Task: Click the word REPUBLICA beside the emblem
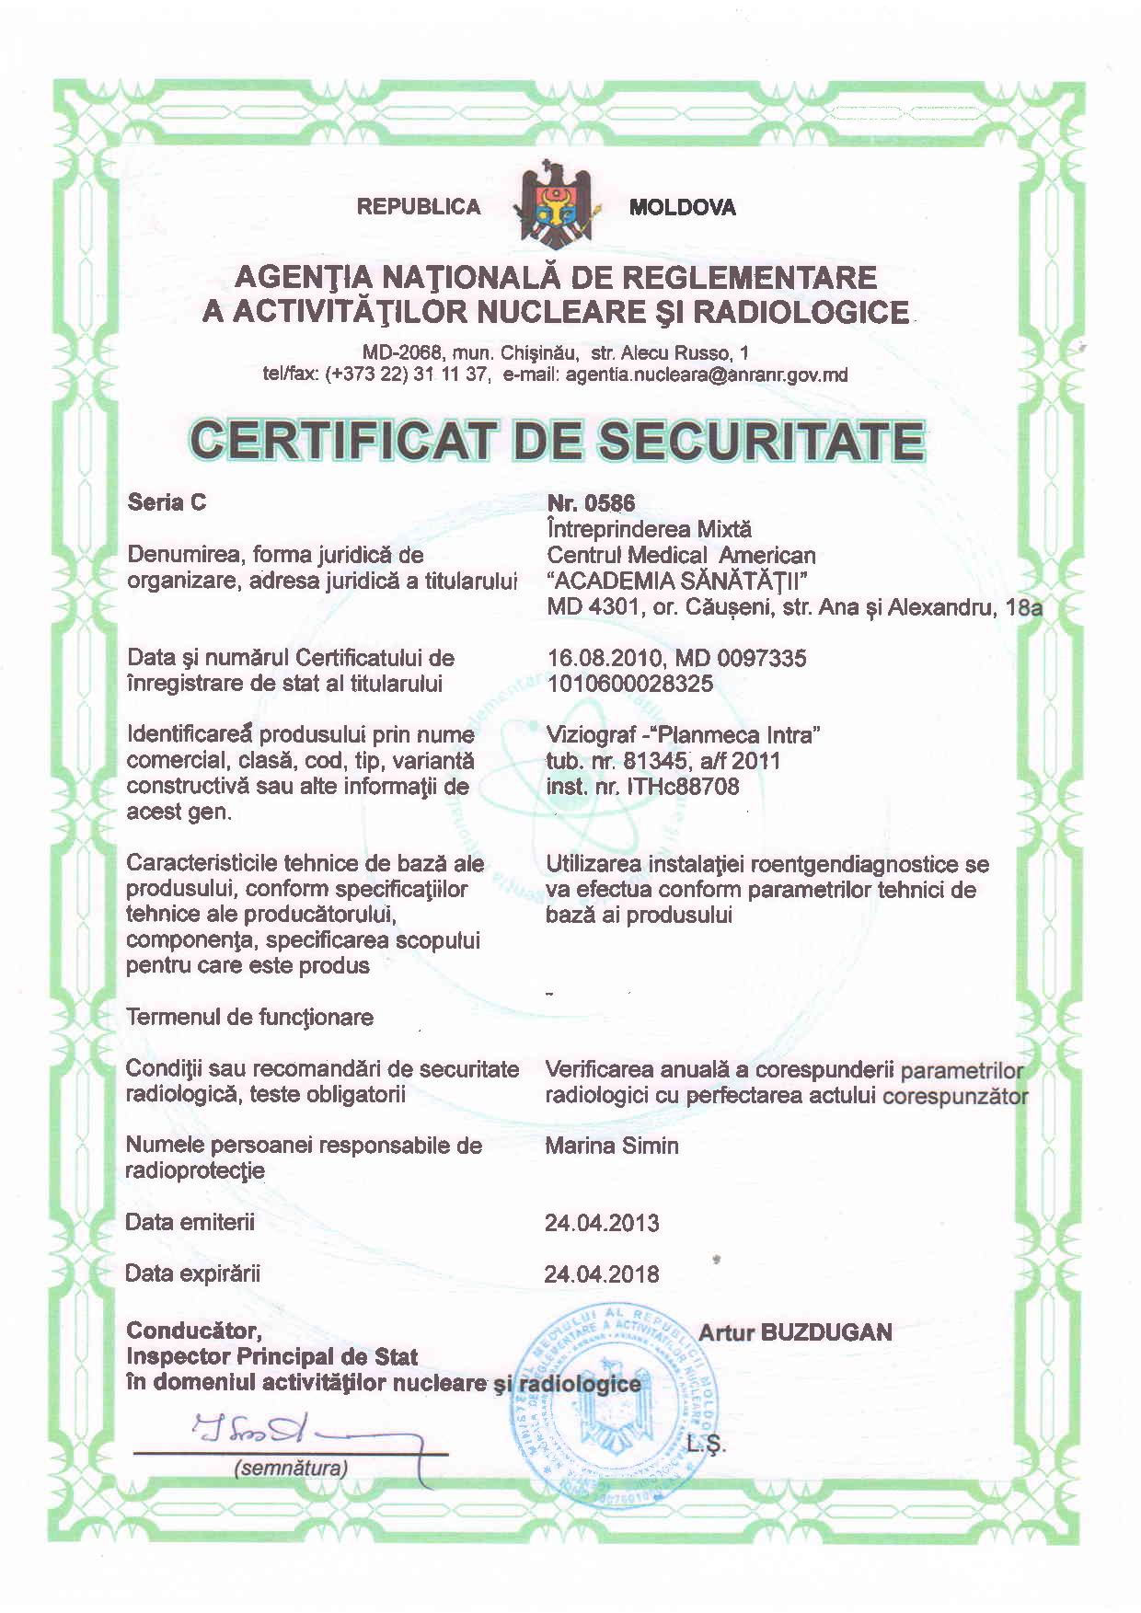(x=419, y=207)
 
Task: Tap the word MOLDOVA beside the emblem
(x=682, y=208)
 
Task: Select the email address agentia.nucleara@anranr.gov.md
(x=707, y=374)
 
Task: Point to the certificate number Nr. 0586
(x=591, y=502)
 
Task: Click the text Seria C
(x=167, y=502)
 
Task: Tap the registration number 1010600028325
(x=630, y=684)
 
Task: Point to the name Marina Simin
(x=612, y=1146)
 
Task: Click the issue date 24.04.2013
(x=602, y=1224)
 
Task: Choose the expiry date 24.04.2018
(x=602, y=1274)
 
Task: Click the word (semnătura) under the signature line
(x=292, y=1469)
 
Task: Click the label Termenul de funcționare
(x=249, y=1018)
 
